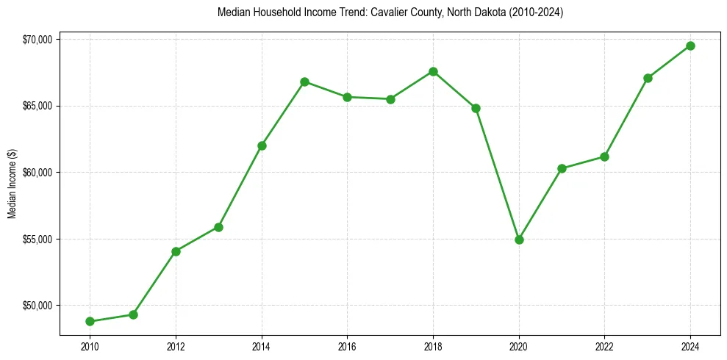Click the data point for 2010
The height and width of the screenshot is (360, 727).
[x=90, y=321]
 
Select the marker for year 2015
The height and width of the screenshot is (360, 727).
[x=304, y=82]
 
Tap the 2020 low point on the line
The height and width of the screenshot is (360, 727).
[x=519, y=240]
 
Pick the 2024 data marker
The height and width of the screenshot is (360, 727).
[x=690, y=46]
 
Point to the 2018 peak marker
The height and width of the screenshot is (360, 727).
[x=433, y=71]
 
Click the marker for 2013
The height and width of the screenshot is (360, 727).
[x=218, y=227]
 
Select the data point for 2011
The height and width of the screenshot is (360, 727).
[x=133, y=314]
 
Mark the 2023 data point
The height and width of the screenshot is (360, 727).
[x=648, y=78]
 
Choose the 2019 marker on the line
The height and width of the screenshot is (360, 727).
[x=476, y=108]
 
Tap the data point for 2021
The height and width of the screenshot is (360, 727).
[x=562, y=168]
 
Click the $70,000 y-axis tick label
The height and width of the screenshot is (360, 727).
[x=36, y=39]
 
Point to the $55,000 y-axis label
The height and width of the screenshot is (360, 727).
[x=36, y=240]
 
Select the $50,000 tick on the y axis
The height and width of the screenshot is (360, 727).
[x=36, y=306]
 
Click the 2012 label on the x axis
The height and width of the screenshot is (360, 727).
[x=176, y=345]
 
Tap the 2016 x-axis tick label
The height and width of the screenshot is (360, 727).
[x=347, y=345]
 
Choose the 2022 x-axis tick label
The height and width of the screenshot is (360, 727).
[x=604, y=345]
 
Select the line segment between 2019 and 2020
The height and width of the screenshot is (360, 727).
[x=498, y=174]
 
